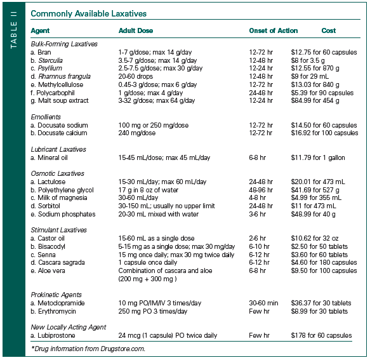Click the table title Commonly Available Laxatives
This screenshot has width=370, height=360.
tap(88, 13)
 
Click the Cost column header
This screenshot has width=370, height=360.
tap(329, 30)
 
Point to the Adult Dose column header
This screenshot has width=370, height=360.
tap(136, 30)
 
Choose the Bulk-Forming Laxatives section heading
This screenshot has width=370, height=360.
tap(64, 44)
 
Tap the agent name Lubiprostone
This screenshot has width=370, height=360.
tap(58, 335)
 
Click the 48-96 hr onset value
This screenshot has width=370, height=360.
tap(261, 189)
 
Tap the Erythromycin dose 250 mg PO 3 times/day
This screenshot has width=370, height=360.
tap(153, 311)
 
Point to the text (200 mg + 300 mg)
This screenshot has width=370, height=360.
tap(148, 279)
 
